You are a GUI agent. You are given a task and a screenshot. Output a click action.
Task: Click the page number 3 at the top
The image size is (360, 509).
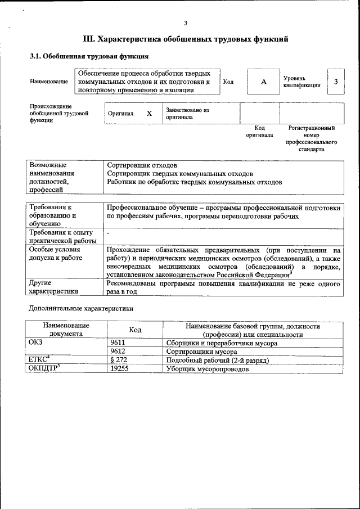[x=185, y=23]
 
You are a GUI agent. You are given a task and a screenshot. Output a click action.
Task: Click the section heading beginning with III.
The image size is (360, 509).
[x=186, y=39]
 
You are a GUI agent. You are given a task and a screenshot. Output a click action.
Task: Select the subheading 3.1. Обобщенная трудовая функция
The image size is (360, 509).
[x=89, y=57]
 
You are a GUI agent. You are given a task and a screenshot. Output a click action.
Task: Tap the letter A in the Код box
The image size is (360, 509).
[x=263, y=82]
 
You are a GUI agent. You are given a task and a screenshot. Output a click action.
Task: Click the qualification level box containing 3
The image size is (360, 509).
[x=336, y=82]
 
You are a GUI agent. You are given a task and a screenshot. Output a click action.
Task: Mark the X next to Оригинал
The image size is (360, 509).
[x=149, y=114]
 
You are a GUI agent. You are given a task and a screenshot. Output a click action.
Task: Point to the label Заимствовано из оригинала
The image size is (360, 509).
[x=187, y=114]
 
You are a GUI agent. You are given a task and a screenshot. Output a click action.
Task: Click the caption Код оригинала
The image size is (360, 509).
[x=259, y=132]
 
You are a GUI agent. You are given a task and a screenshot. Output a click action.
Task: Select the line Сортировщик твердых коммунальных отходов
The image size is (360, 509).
[x=179, y=174]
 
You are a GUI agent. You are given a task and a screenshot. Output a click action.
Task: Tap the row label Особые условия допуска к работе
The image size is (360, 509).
[x=56, y=254]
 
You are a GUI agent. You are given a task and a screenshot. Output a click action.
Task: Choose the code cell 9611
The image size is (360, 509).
[x=118, y=343]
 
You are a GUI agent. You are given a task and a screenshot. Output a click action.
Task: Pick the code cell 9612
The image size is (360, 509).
[x=118, y=352]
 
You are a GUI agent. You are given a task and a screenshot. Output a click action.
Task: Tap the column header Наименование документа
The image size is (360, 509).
[x=66, y=330]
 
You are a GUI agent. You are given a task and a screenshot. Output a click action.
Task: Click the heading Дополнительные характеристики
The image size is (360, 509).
[x=81, y=308]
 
